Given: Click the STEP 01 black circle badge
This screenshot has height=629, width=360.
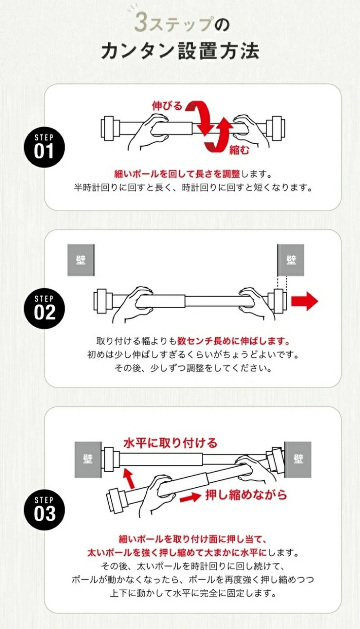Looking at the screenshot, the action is (x=45, y=148).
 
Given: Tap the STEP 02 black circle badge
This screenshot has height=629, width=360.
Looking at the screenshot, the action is (x=45, y=309).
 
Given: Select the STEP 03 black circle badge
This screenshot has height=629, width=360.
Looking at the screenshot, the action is (x=45, y=510).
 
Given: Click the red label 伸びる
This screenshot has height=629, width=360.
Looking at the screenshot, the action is (x=167, y=106).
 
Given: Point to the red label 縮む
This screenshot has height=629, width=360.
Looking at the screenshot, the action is (x=239, y=150).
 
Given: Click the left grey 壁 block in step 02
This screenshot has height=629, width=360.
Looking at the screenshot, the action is (x=81, y=260).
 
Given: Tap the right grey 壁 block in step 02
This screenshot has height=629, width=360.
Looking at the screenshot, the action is (x=291, y=260).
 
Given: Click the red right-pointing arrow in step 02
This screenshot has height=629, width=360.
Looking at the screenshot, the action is (x=304, y=301).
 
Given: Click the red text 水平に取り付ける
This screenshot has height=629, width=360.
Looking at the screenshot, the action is (x=170, y=443).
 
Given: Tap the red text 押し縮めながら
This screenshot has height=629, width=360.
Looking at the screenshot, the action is (x=246, y=495).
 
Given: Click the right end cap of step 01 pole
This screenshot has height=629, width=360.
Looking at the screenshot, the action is (x=276, y=129).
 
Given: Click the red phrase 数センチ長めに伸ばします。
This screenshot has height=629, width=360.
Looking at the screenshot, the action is (x=233, y=341).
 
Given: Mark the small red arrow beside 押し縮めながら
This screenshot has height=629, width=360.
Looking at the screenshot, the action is (x=190, y=497).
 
